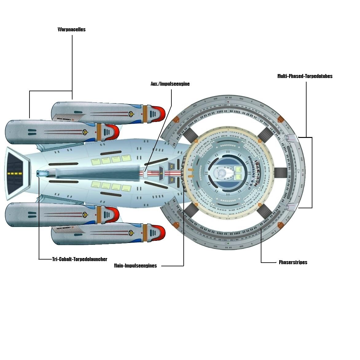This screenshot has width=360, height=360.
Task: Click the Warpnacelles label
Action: click(72, 29)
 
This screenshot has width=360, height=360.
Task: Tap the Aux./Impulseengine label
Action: click(170, 84)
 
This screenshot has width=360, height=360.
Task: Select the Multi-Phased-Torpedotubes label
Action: click(305, 76)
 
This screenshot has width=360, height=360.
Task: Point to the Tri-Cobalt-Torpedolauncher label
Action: click(80, 259)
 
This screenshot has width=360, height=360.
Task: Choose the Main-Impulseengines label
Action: click(135, 266)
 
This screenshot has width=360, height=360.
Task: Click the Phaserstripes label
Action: click(293, 262)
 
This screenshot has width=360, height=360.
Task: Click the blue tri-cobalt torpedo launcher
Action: click(41, 174)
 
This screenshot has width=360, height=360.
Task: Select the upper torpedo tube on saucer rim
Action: click(290, 138)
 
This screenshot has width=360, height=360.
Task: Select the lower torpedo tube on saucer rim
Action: click(290, 207)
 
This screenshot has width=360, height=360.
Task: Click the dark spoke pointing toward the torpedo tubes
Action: click(280, 174)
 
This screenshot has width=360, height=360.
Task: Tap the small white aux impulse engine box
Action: click(146, 174)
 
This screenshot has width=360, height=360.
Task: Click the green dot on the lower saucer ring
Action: click(228, 243)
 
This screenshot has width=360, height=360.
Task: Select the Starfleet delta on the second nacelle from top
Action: click(84, 132)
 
